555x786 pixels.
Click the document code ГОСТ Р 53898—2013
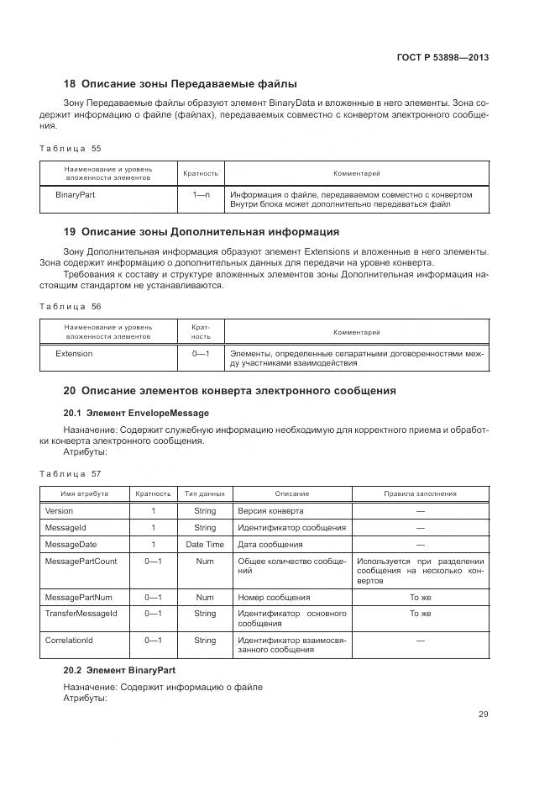[x=442, y=57]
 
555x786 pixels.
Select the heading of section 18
[x=181, y=84]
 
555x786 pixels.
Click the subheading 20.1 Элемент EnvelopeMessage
[x=136, y=413]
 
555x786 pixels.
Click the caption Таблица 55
[x=71, y=148]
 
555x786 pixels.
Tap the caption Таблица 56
[x=71, y=307]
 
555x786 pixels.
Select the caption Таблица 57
[x=71, y=474]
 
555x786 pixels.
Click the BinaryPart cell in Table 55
[x=75, y=194]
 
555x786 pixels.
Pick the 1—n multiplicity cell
[x=201, y=194]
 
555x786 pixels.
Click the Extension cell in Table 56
[x=74, y=354]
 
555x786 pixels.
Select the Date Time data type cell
[x=205, y=544]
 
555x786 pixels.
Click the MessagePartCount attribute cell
[x=81, y=561]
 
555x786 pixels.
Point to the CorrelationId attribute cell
[x=69, y=640]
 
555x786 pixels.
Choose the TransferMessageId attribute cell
[x=81, y=614]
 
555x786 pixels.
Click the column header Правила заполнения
[x=420, y=493]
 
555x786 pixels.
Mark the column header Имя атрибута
[x=84, y=493]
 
